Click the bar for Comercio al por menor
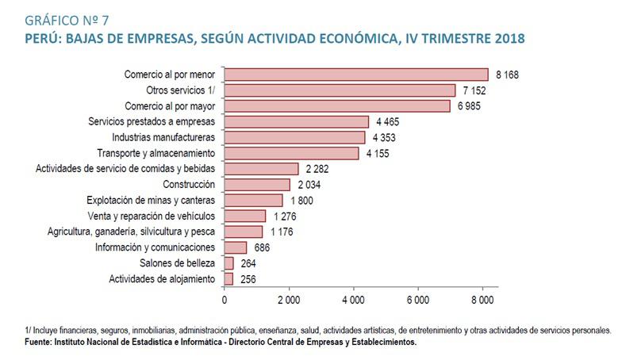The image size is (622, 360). (356, 75)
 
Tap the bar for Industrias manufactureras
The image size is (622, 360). (294, 137)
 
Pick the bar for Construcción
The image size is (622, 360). (257, 185)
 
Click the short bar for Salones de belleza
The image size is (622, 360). (229, 263)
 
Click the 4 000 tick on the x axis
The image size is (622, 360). (353, 300)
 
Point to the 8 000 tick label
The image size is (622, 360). (482, 300)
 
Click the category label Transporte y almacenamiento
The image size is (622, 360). (155, 153)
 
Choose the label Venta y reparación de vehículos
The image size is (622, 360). (152, 216)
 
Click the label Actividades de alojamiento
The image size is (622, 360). (162, 279)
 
